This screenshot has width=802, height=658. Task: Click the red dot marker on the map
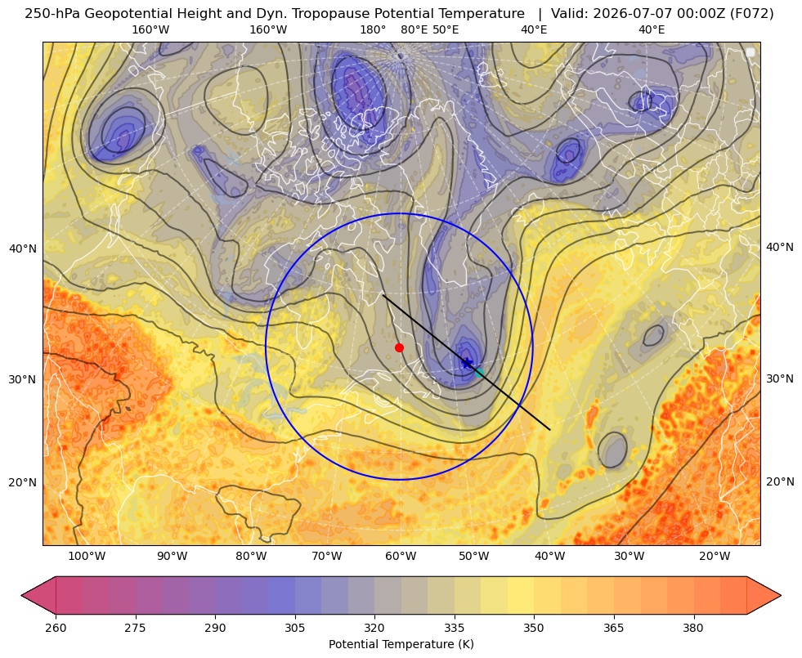(x=400, y=347)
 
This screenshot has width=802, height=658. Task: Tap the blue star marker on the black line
(x=467, y=363)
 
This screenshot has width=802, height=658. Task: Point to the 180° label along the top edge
(x=373, y=29)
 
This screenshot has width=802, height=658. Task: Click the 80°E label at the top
(x=414, y=29)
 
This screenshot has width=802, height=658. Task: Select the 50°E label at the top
(x=446, y=29)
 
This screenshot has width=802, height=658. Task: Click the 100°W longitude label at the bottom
(x=87, y=556)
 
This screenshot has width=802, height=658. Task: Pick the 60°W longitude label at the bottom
(x=401, y=556)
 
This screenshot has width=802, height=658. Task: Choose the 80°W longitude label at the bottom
(x=251, y=556)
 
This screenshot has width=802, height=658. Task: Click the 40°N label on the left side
(x=23, y=248)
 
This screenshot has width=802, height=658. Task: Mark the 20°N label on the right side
(x=780, y=481)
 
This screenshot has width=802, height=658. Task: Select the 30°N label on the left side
(x=23, y=379)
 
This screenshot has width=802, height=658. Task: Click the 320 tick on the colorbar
(x=374, y=628)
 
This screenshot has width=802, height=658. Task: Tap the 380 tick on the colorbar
(x=693, y=628)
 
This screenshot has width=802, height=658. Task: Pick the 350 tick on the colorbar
(x=534, y=628)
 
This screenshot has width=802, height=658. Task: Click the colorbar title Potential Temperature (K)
(x=401, y=644)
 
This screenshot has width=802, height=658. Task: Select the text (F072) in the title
(x=753, y=14)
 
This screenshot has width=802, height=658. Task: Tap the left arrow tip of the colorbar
(x=22, y=595)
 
